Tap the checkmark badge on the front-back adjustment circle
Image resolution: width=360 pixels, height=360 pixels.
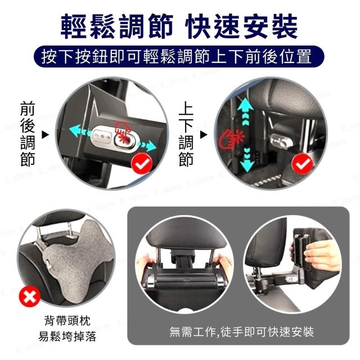point(142,164)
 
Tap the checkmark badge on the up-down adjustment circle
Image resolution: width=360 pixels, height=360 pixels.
point(303,164)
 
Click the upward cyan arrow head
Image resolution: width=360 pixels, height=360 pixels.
point(245,105)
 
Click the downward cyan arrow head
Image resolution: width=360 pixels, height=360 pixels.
point(247,165)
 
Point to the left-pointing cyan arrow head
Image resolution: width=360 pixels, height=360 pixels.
point(75,130)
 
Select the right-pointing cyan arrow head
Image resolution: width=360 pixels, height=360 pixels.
point(151,146)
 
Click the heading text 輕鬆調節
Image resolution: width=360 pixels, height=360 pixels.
point(116,26)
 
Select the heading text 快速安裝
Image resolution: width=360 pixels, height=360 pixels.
point(242,26)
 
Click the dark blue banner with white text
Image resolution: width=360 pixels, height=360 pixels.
point(179,57)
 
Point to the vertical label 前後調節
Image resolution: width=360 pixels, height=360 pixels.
point(28,134)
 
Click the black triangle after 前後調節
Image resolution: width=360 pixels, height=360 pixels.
point(46,135)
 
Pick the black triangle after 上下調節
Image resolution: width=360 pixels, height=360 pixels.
point(204,135)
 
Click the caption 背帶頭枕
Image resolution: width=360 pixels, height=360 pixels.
point(67,321)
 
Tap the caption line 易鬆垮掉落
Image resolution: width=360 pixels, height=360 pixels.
point(67,336)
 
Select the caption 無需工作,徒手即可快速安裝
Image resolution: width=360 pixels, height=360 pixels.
point(242,331)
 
